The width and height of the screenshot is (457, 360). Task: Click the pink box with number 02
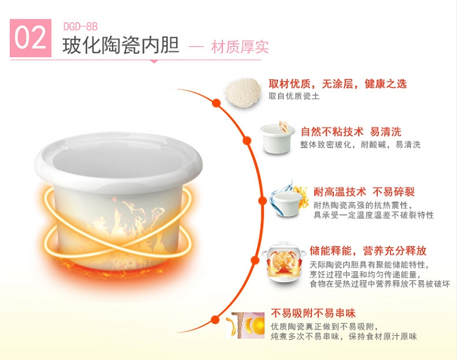tap(30, 38)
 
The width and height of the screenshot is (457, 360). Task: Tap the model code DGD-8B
tap(80, 27)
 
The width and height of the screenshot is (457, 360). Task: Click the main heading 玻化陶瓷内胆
tap(121, 46)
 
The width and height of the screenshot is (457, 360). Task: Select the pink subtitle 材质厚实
tap(240, 47)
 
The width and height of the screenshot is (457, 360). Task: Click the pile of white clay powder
tap(243, 93)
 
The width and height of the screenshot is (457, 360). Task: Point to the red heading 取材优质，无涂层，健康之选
tap(338, 84)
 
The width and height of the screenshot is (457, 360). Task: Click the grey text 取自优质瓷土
tap(294, 96)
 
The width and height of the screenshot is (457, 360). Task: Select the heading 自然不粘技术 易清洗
tap(351, 132)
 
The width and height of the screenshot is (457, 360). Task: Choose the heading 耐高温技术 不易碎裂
tap(364, 192)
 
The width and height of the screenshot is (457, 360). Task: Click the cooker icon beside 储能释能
tap(283, 262)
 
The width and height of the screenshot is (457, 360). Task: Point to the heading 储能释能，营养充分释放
tap(368, 250)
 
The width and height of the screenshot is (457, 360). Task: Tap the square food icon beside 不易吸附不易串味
tap(246, 325)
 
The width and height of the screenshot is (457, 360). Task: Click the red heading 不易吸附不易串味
tap(313, 313)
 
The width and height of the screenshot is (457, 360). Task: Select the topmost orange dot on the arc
tap(216, 103)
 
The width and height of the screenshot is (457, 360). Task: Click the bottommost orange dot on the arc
tap(215, 320)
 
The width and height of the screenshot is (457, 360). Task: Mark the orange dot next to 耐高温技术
tap(263, 200)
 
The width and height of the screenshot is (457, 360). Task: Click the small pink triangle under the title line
tap(154, 62)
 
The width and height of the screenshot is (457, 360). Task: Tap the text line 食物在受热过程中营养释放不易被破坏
tap(380, 284)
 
